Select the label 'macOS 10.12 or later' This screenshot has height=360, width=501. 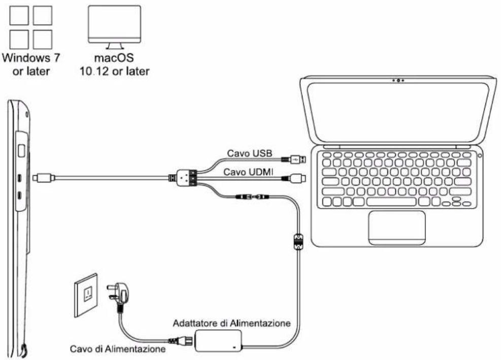(114, 64)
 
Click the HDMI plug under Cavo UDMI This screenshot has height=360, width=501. (296, 178)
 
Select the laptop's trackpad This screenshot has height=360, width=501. (396, 226)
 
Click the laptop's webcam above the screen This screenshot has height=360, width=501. (398, 80)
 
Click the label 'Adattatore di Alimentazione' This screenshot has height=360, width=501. (231, 323)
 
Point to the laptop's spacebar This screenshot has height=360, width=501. (395, 202)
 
